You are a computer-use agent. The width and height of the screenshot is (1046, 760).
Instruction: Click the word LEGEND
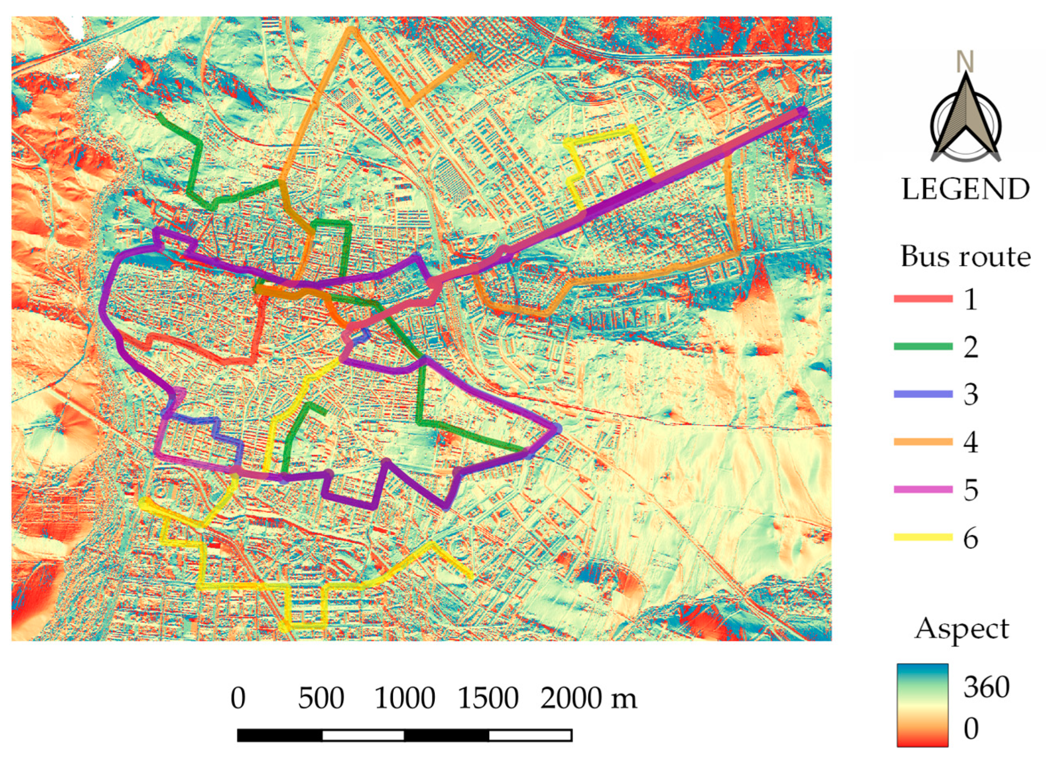pyautogui.click(x=965, y=190)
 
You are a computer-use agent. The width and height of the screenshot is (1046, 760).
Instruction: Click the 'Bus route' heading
pyautogui.click(x=965, y=256)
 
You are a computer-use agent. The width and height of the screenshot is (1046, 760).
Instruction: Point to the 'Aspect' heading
pyautogui.click(x=962, y=629)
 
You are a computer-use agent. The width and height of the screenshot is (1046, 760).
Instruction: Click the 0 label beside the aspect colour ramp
pyautogui.click(x=970, y=729)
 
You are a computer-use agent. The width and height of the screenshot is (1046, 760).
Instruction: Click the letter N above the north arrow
pyautogui.click(x=965, y=62)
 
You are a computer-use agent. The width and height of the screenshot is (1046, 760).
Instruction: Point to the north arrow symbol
pyautogui.click(x=965, y=120)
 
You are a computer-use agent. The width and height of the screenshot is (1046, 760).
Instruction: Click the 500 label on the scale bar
pyautogui.click(x=321, y=698)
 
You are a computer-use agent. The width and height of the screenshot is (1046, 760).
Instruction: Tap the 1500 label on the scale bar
pyautogui.click(x=488, y=698)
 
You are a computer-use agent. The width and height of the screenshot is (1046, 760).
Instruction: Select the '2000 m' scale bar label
pyautogui.click(x=588, y=698)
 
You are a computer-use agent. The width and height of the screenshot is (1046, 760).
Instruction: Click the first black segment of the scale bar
pyautogui.click(x=280, y=735)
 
